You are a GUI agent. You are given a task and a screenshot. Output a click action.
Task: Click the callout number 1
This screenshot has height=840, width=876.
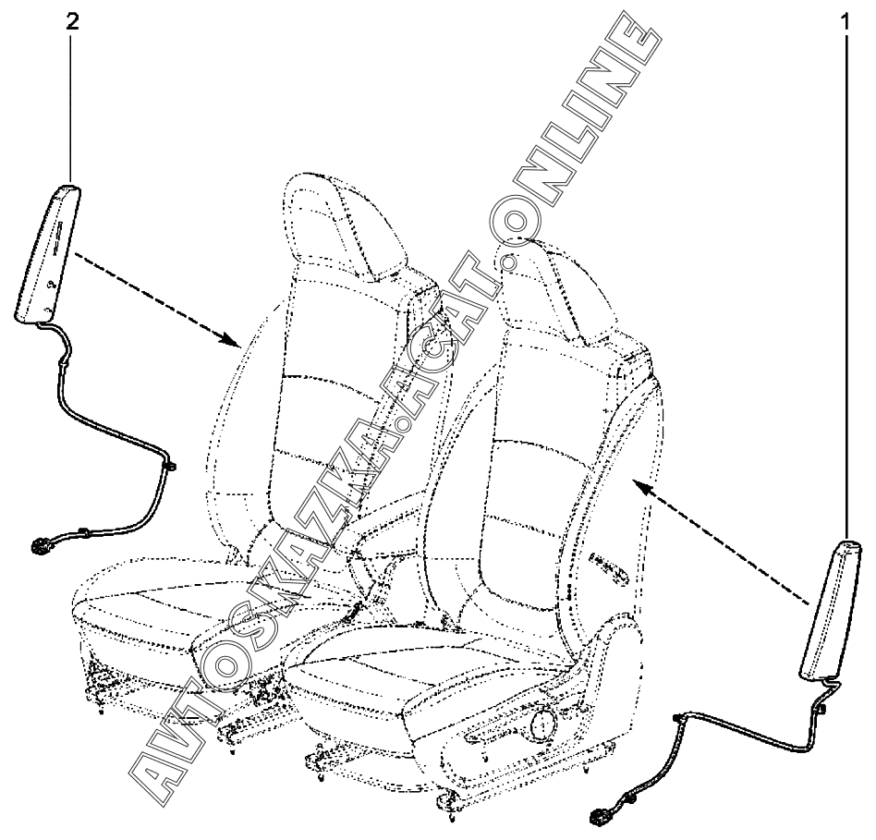(844, 21)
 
